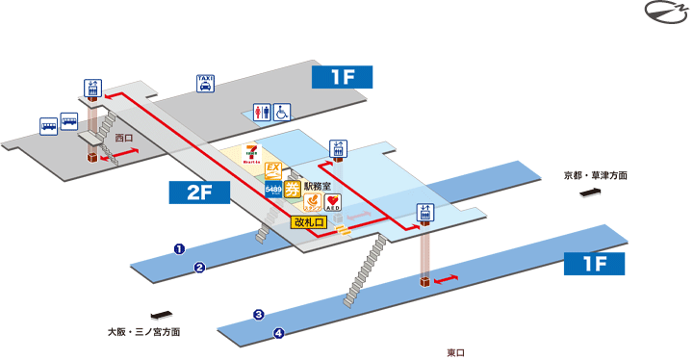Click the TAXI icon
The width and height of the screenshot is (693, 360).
point(205,83)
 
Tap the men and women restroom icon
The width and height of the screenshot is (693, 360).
point(262,112)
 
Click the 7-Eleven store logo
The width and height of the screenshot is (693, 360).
point(252,154)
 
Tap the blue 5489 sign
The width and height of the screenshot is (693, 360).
point(272,190)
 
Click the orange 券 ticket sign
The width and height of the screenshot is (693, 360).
point(292,187)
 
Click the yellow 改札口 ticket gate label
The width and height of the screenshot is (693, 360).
point(309,222)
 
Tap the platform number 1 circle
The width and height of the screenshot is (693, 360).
point(179,248)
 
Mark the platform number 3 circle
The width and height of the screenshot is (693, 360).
point(259,315)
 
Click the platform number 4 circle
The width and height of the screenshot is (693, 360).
point(279,334)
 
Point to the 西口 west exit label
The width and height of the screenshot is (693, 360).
point(123,139)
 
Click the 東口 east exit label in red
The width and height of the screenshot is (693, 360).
point(456,352)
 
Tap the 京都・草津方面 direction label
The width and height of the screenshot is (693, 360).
point(596,176)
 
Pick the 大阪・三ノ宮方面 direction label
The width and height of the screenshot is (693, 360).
point(144,331)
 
